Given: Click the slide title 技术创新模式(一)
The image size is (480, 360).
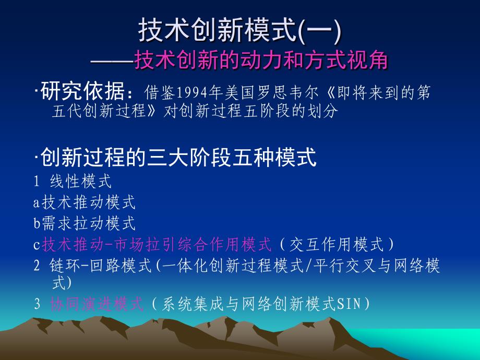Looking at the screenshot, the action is [239, 30].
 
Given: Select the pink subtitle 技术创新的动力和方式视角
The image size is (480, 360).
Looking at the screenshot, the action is [261, 59].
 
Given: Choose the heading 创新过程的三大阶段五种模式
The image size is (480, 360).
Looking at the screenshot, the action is [178, 157].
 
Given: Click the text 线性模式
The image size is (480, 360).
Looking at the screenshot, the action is [81, 181].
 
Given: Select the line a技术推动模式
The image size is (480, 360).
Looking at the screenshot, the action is [84, 202].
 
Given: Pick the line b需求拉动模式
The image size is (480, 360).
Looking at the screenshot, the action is [84, 223].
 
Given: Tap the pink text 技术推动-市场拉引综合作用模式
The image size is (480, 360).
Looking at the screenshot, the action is [157, 244].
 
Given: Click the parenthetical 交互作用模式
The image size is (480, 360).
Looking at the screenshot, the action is [337, 244].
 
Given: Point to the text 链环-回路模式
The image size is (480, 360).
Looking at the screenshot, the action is [100, 266].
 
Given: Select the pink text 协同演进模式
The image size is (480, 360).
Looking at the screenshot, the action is [97, 304].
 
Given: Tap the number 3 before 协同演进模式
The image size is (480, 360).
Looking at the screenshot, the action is [37, 304].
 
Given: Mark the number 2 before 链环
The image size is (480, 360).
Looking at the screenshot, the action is [37, 266].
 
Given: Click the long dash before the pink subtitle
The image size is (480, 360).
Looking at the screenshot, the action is [112, 61].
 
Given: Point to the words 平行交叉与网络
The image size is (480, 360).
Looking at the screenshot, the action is [369, 266].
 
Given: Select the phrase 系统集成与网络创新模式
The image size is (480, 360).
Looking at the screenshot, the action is [248, 304].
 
